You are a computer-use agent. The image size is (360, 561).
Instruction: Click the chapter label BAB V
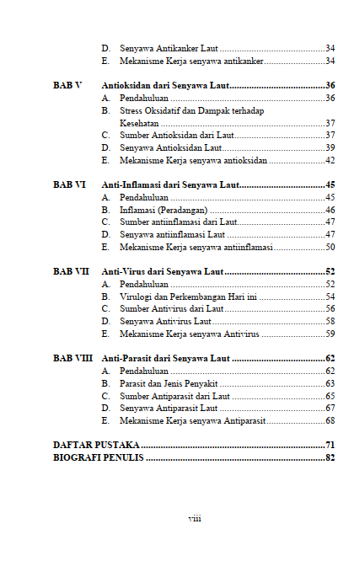tap(67, 86)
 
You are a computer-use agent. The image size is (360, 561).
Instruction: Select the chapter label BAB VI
tap(69, 184)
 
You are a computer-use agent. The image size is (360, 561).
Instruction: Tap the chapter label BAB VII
tap(71, 271)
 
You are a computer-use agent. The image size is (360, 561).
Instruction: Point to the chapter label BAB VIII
tap(73, 358)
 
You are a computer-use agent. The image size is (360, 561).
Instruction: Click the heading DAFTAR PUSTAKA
tap(96, 445)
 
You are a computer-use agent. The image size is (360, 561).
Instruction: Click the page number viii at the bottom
tap(194, 518)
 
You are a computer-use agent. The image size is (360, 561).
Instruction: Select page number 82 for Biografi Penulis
tap(330, 457)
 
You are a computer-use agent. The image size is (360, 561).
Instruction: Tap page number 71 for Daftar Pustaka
tap(330, 445)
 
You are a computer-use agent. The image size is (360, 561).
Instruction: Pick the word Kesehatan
tap(139, 123)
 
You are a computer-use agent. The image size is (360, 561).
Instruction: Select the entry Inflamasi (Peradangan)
tap(164, 210)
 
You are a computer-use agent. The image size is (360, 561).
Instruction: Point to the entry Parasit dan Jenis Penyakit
tap(169, 383)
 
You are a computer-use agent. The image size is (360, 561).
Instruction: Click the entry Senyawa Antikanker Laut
tap(169, 49)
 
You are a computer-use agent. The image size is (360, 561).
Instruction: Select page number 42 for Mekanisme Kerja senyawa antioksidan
tap(330, 160)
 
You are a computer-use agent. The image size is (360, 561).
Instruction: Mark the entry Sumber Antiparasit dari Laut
tap(175, 395)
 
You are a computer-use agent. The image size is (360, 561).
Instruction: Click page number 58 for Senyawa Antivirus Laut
tap(330, 321)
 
